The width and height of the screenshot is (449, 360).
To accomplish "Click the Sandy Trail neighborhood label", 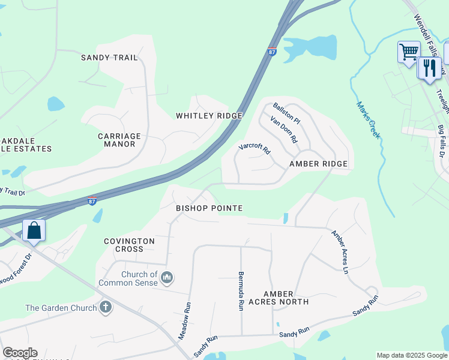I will (109, 58).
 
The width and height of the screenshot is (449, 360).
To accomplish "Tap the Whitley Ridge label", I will (209, 115).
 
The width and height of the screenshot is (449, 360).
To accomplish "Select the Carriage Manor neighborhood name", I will (119, 140).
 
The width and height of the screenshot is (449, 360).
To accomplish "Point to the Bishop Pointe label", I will (209, 208).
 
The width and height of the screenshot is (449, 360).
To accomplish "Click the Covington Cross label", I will (129, 245).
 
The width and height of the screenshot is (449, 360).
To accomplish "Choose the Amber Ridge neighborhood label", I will (318, 164).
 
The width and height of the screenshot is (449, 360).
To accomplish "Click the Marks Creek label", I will (369, 120).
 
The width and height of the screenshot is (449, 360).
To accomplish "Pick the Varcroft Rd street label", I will (255, 147).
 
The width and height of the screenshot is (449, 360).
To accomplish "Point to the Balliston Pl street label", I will (286, 113).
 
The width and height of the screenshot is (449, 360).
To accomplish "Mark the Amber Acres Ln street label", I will (339, 252).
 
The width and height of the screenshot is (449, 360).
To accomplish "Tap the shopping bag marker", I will (34, 230).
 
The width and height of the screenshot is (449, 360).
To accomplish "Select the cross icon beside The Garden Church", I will (106, 308).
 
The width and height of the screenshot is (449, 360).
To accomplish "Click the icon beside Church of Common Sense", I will (167, 277).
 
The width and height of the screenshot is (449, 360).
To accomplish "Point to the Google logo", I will (20, 353).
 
